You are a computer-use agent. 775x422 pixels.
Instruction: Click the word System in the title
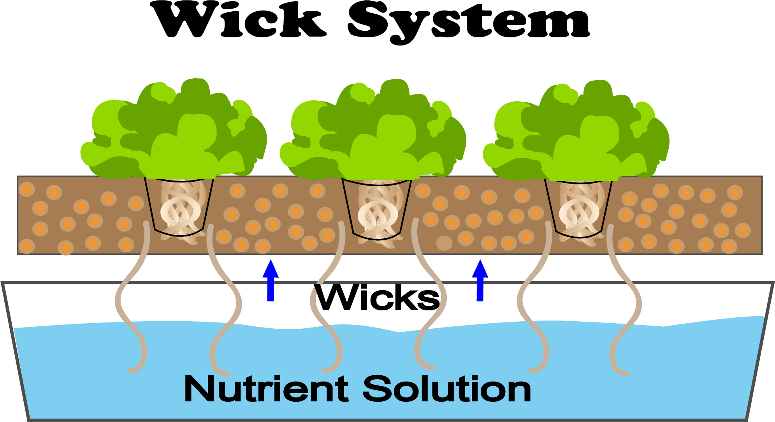469,22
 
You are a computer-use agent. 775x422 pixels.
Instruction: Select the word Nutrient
266,389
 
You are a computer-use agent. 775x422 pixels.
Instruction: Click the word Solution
447,389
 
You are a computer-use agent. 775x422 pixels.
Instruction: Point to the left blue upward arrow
271,280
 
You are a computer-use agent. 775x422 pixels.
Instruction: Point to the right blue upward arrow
480,280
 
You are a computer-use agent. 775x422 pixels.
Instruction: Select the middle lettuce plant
373,130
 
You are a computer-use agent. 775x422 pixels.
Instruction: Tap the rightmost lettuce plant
576,131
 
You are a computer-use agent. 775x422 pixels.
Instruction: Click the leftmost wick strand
121,299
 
